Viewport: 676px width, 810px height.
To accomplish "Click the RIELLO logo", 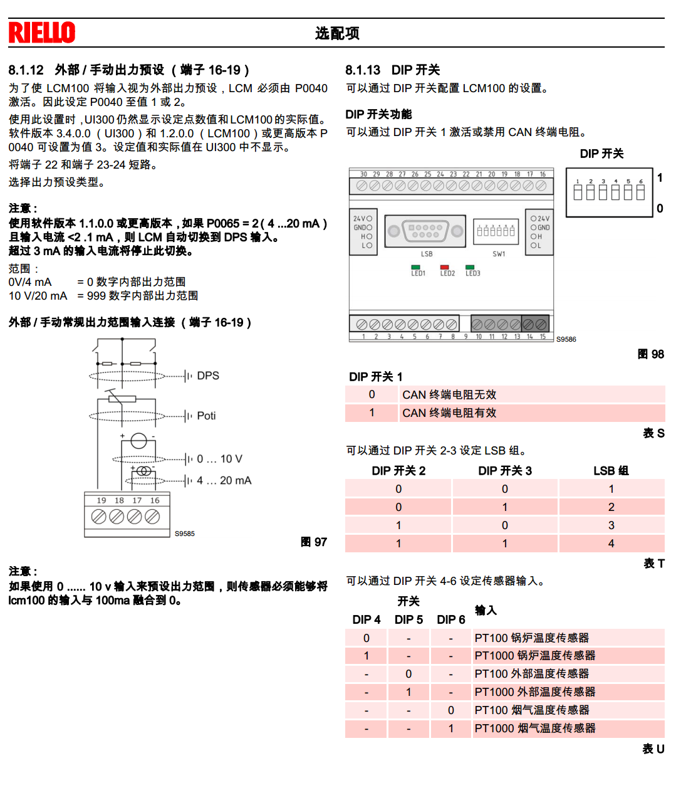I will tap(42, 33).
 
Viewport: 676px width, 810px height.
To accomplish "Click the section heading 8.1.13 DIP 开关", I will tap(393, 70).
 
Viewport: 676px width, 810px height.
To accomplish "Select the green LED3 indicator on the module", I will tap(470, 267).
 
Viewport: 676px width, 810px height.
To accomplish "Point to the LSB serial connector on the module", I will tap(425, 231).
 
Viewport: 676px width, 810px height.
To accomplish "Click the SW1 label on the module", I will tap(499, 254).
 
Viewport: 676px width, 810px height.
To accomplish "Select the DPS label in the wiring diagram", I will tap(208, 376).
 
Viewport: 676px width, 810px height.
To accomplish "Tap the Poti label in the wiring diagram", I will tap(206, 416).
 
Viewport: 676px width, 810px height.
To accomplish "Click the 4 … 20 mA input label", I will tap(224, 480).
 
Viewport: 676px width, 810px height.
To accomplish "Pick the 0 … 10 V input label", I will tap(219, 459).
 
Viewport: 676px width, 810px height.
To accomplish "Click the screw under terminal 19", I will tap(99, 516).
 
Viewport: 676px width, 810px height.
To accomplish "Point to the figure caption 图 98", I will tap(650, 354).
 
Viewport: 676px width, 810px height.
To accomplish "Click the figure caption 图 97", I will tap(314, 542).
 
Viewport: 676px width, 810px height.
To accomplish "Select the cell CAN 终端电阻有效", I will tap(449, 413).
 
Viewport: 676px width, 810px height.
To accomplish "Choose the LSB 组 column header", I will tap(611, 471).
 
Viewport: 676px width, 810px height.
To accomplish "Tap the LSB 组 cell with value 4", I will tap(611, 544).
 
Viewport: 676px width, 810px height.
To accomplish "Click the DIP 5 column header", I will tap(408, 619).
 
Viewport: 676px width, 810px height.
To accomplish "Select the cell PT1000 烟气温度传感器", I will tap(535, 728).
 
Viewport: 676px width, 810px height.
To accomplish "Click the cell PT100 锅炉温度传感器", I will tap(532, 638).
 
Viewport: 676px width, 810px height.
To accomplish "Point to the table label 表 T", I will tap(654, 563).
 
